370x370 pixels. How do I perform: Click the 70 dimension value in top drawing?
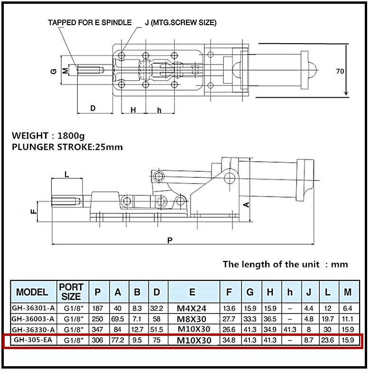pos(340,72)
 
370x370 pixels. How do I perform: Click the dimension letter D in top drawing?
pos(93,109)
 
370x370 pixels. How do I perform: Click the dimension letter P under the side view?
pos(170,240)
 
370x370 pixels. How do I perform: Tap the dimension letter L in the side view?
pos(66,175)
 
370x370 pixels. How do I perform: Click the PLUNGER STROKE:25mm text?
pos(67,147)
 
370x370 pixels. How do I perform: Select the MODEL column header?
pos(32,292)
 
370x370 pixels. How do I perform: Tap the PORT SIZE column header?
pos(72,292)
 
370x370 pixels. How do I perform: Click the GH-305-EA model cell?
pos(32,340)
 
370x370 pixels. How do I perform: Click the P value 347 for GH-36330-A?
pos(98,329)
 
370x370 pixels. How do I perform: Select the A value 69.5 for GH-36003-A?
pos(118,318)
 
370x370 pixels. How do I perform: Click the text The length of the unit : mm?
pos(285,264)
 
